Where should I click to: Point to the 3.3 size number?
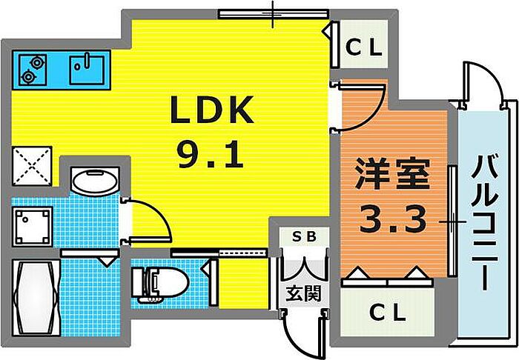393,219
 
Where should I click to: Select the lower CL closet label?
388,313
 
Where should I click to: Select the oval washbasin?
95,180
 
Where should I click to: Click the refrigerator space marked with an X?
32,165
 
